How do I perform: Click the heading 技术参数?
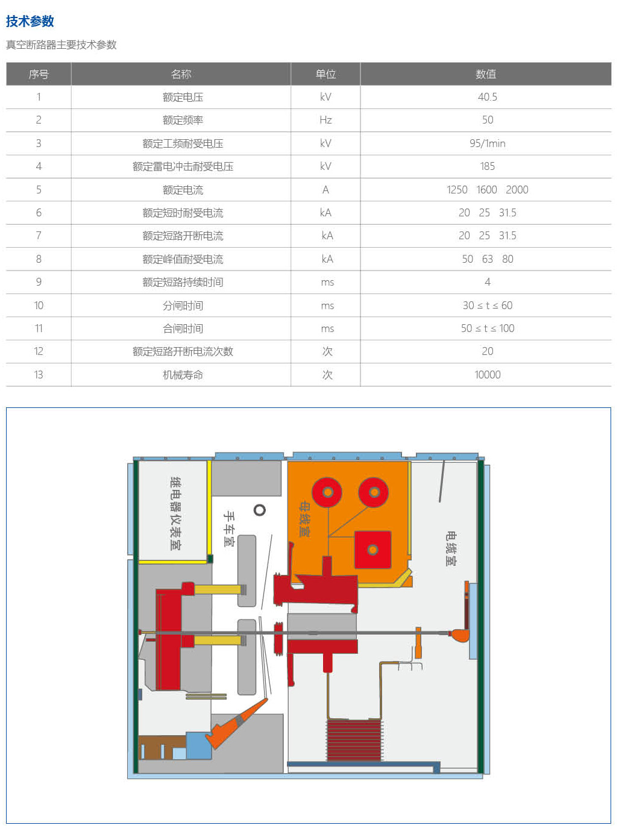[30, 21]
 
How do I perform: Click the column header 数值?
[486, 74]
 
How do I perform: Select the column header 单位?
[325, 74]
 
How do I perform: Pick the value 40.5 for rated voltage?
[488, 97]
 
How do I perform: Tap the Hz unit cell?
[325, 120]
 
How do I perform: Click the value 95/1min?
[488, 143]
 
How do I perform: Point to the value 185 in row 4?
[488, 166]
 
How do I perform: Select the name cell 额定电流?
[183, 190]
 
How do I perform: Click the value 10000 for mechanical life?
[488, 374]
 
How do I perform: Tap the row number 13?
[39, 374]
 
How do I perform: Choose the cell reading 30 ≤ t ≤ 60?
[488, 306]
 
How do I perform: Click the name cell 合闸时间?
[183, 328]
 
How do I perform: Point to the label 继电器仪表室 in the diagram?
[175, 513]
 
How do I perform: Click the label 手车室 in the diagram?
[229, 528]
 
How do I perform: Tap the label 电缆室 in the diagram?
[451, 548]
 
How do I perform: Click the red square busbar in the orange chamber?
[372, 550]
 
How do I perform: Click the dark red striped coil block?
[354, 741]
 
